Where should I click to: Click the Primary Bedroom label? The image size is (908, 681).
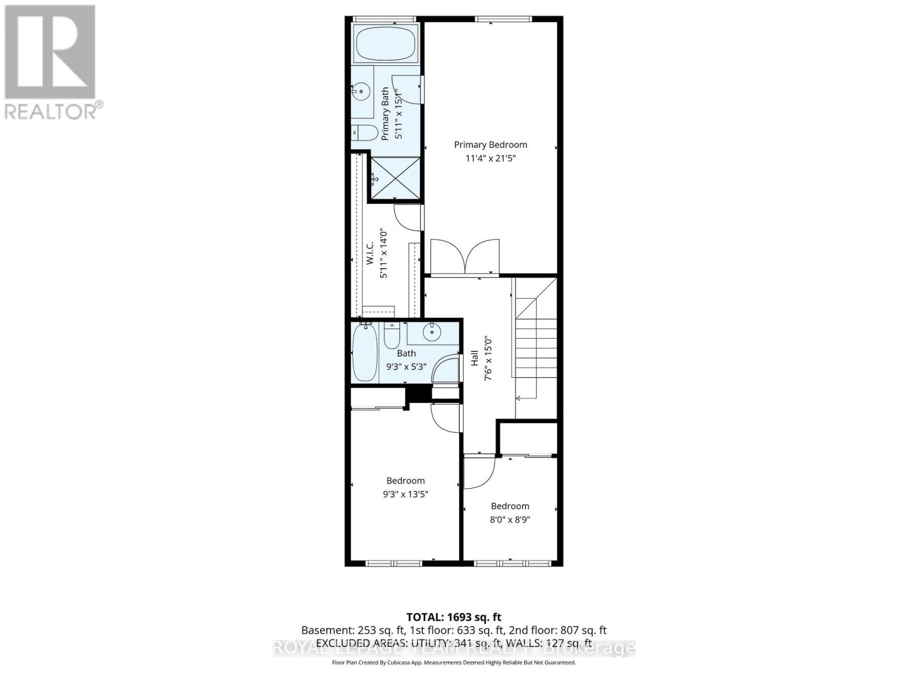pos(490,145)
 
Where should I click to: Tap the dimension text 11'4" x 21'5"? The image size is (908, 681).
pos(490,158)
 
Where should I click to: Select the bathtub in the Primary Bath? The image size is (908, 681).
pos(386,43)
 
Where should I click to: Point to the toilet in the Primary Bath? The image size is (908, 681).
pos(364,133)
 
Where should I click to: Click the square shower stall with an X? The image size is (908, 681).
pos(395,178)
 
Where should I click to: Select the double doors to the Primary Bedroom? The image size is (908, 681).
pos(465,257)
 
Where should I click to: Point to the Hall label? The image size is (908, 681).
pos(474,358)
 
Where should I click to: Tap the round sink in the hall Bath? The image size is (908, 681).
pos(432,331)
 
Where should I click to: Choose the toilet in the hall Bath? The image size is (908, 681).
pos(392,336)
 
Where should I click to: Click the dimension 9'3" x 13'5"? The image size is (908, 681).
pos(405,494)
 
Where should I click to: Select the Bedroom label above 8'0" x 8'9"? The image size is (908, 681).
pos(510,506)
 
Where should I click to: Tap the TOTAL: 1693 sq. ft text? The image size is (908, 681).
pos(453,617)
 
